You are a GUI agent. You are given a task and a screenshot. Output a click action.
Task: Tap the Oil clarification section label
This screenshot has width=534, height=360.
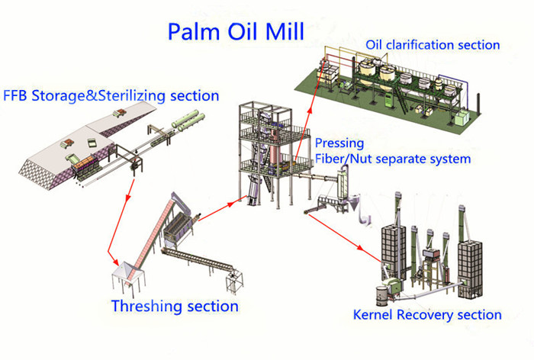(433, 44)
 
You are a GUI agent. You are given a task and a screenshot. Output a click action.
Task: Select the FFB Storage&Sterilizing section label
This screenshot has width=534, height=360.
(111, 96)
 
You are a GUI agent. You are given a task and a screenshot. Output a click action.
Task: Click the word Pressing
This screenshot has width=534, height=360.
(339, 143)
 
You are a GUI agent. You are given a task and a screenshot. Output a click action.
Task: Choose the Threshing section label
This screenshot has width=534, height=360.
(175, 306)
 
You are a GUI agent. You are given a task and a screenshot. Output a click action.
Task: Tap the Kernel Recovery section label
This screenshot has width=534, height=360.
(427, 313)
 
